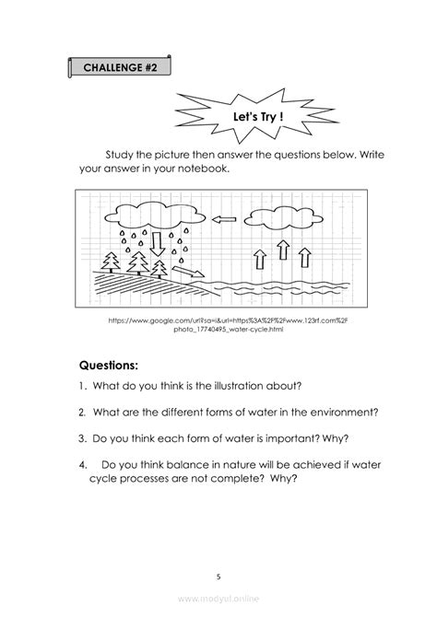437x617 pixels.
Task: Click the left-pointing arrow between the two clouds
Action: tap(225, 219)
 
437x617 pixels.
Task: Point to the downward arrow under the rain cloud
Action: tap(157, 243)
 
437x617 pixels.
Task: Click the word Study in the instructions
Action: tap(120, 154)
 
